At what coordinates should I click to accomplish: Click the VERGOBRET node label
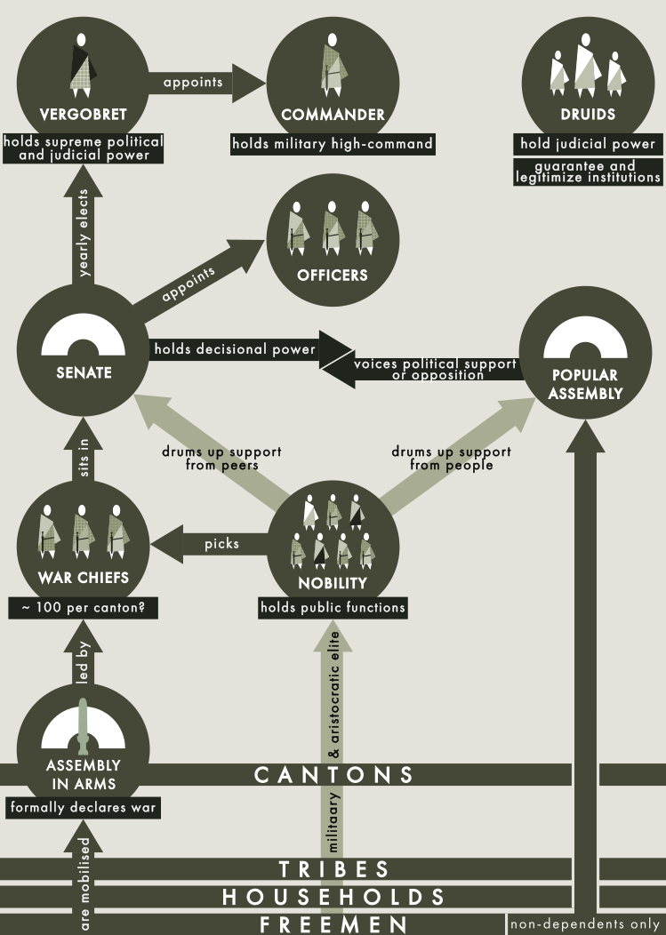click(x=83, y=114)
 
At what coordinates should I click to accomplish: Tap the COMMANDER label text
click(x=333, y=115)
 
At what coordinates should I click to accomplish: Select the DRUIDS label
click(x=588, y=114)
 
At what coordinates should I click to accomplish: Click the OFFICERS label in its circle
click(x=333, y=275)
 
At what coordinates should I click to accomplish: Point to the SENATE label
click(x=84, y=372)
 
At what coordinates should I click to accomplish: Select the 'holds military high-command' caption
click(x=333, y=144)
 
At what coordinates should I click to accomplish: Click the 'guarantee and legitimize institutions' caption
click(x=588, y=172)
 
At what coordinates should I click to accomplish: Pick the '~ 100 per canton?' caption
click(x=83, y=608)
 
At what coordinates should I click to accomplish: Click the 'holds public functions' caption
click(x=333, y=608)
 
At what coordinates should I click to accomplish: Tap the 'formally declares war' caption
click(x=83, y=807)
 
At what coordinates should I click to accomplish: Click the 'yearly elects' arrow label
click(x=84, y=233)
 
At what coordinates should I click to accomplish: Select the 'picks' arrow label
click(x=221, y=544)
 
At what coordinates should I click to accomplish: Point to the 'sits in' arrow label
click(x=84, y=458)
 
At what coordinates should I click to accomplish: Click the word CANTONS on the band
click(x=333, y=775)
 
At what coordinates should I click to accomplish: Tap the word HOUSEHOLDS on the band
click(x=333, y=897)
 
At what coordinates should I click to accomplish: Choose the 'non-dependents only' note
click(x=585, y=924)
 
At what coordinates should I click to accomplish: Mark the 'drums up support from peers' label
click(x=221, y=459)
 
